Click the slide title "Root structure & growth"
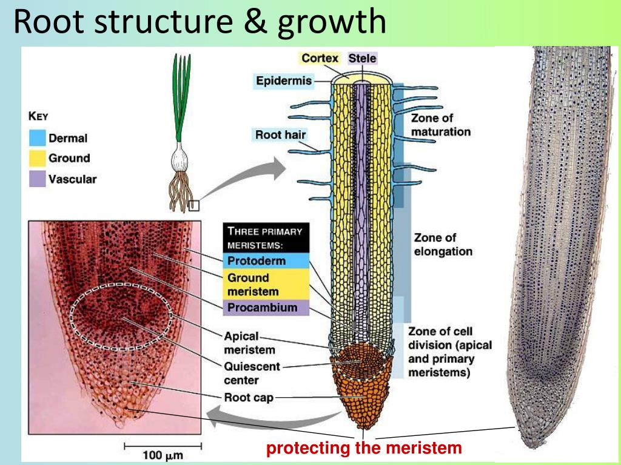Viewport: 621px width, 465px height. (x=200, y=21)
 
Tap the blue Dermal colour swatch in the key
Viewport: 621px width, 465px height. (x=38, y=138)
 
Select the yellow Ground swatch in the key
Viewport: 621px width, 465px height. (x=38, y=159)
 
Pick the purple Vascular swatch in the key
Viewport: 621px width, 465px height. (x=38, y=179)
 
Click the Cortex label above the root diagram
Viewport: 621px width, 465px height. (x=320, y=58)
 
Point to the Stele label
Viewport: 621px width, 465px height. (x=362, y=58)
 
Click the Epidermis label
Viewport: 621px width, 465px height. (x=283, y=81)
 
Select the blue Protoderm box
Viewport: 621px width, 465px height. (x=266, y=261)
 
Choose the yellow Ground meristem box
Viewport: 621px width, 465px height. (x=266, y=285)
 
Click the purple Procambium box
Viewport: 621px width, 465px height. (x=266, y=308)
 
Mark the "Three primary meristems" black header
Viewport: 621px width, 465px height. (x=266, y=238)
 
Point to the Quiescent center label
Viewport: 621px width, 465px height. (x=252, y=373)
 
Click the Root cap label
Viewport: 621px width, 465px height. (x=249, y=398)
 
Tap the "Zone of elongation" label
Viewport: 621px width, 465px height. (x=443, y=245)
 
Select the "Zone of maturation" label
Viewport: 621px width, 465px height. (x=440, y=124)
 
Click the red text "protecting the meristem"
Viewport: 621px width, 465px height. (x=364, y=449)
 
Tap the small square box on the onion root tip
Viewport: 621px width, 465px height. (x=193, y=205)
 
